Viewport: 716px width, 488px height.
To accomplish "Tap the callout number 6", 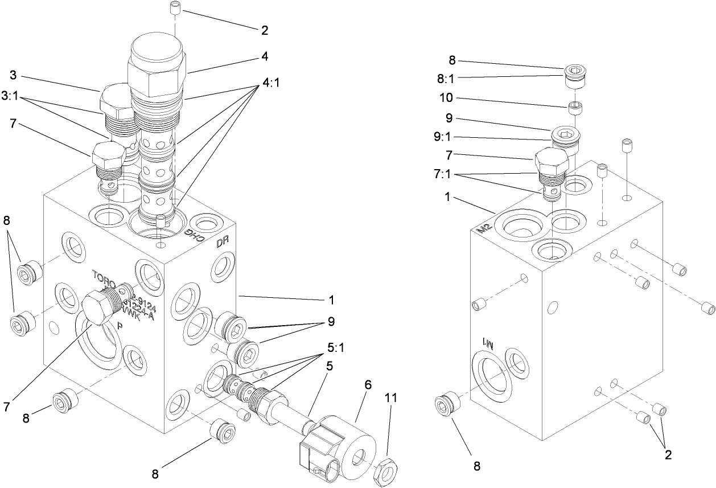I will (368, 386).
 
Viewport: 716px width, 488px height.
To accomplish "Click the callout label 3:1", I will (11, 96).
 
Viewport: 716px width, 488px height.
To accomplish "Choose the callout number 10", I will (446, 98).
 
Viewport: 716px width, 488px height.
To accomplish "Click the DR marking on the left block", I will (222, 243).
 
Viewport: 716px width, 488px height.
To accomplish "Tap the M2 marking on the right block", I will (483, 228).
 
